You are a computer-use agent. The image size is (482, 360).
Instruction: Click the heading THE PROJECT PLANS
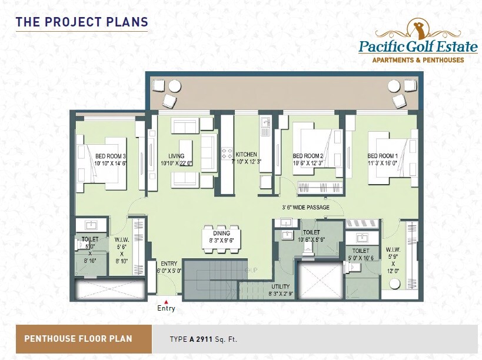pos(81,22)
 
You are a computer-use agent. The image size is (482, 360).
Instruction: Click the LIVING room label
pos(177,156)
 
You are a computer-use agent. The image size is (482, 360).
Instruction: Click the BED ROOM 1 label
pos(383,156)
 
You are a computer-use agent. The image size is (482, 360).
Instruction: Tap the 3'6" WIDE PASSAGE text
pos(305,207)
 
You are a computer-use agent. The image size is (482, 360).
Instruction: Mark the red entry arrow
pos(166,301)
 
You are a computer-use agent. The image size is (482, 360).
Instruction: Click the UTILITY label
pos(280,286)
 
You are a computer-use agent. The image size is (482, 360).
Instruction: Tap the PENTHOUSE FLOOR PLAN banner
pos(78,339)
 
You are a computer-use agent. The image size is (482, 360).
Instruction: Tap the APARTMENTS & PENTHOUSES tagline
pos(418,60)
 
